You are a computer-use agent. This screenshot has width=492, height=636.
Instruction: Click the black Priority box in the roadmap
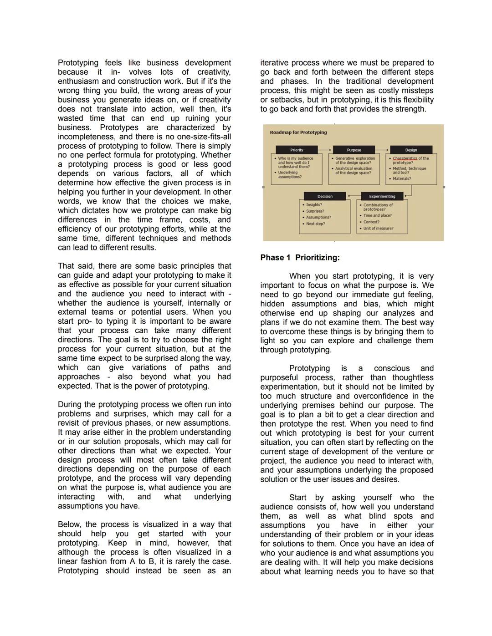coord(297,150)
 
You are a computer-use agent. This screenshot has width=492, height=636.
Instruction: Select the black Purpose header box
coord(354,150)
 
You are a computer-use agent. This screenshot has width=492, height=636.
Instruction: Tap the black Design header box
coord(411,150)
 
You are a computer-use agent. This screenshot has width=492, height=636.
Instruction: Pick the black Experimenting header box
coord(382,196)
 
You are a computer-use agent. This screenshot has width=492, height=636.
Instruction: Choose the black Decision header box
coord(325,196)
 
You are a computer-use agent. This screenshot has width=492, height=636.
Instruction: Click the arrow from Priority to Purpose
coord(325,150)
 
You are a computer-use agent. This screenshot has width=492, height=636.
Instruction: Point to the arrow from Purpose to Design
coord(383,150)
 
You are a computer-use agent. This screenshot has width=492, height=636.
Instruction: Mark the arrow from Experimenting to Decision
coord(354,196)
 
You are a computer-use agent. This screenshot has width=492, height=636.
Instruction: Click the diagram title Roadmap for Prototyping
coord(298,132)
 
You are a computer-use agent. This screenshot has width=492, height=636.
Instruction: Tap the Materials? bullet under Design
coord(402,178)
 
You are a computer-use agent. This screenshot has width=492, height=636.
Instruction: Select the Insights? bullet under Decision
coord(314,205)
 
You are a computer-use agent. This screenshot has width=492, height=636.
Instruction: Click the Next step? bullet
coord(315,224)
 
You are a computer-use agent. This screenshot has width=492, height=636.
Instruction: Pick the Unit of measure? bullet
coord(378,228)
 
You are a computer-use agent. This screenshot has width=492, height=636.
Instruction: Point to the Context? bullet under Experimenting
coord(371,222)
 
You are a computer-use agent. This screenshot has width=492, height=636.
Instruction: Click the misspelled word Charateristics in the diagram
coord(405,158)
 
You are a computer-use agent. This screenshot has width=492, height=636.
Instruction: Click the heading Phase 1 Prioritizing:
coord(300,258)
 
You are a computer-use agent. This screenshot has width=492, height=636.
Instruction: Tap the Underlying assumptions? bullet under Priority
coord(290,174)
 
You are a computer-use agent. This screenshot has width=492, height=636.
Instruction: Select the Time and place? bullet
coord(377,215)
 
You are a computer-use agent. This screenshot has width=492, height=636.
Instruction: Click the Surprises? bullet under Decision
coord(315,211)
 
